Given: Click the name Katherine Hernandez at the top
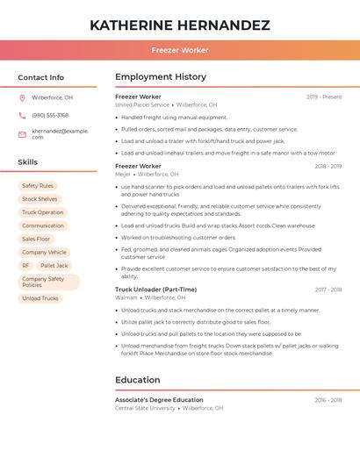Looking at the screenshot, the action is [180, 25].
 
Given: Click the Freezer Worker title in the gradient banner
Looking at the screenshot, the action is [180, 50].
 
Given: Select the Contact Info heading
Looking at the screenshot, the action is [41, 77].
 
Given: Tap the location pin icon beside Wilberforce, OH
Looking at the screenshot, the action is [22, 97].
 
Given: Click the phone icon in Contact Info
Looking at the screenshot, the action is [22, 115].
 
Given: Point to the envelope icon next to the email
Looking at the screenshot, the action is [22, 133].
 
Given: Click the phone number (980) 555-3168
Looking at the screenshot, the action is [50, 115].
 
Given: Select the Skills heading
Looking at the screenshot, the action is [28, 162].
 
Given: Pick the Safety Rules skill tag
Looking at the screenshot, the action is [38, 186].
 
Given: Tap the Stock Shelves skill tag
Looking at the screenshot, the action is [40, 199].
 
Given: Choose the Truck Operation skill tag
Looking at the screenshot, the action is [43, 212].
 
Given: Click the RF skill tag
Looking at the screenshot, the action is [26, 265].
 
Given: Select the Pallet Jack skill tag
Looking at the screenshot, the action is [54, 265].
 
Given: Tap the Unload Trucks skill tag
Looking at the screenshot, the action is [40, 298].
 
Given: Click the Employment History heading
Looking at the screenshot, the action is [161, 77].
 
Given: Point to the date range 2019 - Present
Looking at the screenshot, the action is [324, 97].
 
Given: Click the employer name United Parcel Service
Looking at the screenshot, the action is [142, 104].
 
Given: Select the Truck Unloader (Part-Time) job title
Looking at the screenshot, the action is [155, 290].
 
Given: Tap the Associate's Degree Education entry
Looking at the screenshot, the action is [159, 400].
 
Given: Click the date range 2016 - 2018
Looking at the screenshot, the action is [328, 400].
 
